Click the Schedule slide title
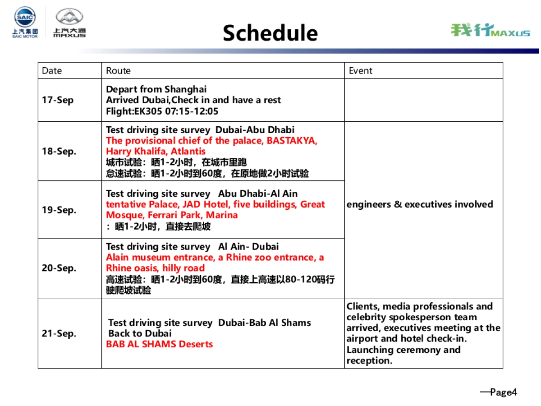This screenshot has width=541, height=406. click(270, 33)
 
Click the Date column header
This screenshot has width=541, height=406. click(52, 71)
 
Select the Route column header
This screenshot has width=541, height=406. click(118, 71)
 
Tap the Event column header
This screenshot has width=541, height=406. click(361, 71)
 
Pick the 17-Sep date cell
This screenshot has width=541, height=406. click(58, 100)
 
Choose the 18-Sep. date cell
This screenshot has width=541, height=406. click(59, 152)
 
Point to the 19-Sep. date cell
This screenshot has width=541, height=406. click(59, 210)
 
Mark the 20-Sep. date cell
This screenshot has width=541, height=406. click(59, 268)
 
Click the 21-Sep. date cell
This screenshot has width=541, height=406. click(59, 334)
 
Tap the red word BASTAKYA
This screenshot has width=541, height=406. click(292, 141)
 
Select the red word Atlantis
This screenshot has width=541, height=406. click(188, 152)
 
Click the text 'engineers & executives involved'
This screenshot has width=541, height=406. click(420, 205)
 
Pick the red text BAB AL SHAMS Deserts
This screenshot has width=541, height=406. click(159, 345)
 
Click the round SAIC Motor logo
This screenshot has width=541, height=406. click(25, 18)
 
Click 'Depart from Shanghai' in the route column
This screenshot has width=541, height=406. click(156, 89)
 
